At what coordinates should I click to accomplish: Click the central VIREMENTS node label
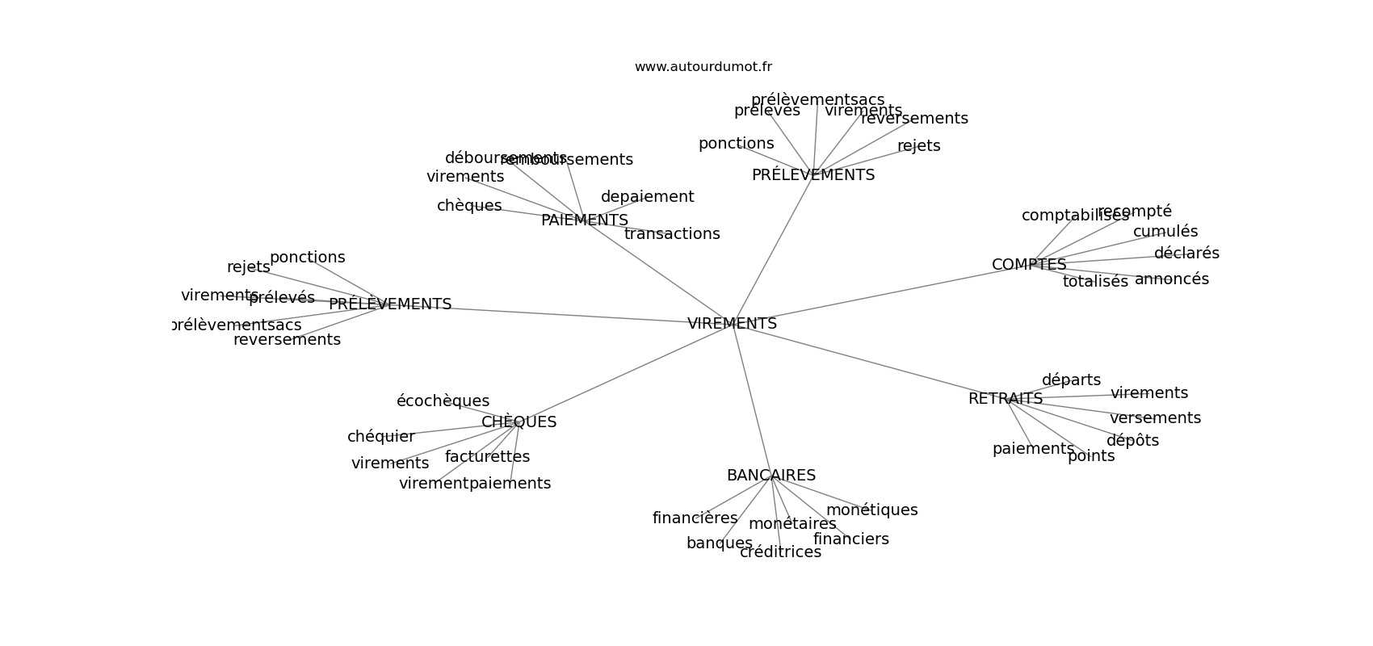[x=732, y=324]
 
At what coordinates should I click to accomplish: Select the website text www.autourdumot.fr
[x=703, y=67]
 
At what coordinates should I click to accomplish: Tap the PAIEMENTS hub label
[x=584, y=220]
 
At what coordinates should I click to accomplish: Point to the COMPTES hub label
[x=1028, y=265]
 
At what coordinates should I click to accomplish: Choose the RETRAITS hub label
[x=1005, y=399]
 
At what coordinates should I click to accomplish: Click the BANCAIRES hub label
[x=770, y=476]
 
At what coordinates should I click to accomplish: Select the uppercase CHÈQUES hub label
[x=519, y=422]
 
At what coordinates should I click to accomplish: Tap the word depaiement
[x=647, y=197]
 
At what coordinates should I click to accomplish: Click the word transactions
[x=671, y=234]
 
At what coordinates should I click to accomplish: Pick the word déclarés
[x=1186, y=254]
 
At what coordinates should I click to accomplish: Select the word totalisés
[x=1094, y=282]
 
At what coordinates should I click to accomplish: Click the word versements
[x=1154, y=418]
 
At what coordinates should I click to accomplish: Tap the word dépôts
[x=1132, y=441]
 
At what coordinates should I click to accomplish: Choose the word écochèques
[x=443, y=401]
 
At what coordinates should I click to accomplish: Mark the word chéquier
[x=380, y=437]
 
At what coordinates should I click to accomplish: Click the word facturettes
[x=487, y=457]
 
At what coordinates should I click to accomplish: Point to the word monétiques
[x=871, y=510]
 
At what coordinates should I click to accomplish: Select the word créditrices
[x=780, y=552]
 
